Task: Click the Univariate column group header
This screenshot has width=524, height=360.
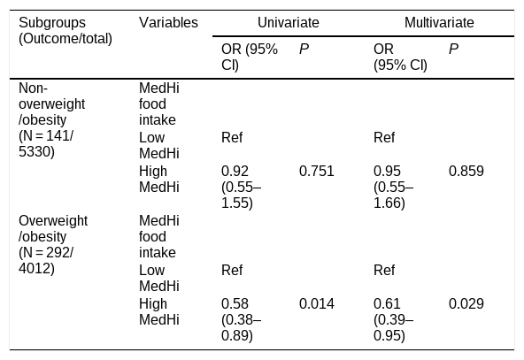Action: [288, 23]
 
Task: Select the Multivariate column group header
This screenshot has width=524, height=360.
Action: [439, 23]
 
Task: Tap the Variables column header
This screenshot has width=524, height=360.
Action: [168, 23]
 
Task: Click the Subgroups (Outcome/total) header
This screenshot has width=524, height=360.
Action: [65, 31]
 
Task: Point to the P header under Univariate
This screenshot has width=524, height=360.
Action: [304, 50]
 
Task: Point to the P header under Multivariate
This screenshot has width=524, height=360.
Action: [453, 50]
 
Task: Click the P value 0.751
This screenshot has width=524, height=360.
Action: [317, 172]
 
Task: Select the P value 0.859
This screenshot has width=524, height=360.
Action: [466, 172]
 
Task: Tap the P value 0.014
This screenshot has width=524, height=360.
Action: [317, 304]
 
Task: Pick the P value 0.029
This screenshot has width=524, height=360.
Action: [466, 304]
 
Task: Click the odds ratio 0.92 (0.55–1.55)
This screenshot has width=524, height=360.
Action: [242, 187]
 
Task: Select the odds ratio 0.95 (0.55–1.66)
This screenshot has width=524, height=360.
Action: [394, 187]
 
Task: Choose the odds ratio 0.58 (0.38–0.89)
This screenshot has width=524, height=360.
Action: [242, 319]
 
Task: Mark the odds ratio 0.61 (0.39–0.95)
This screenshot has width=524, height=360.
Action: [394, 319]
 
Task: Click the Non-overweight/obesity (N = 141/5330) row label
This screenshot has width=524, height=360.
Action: [52, 120]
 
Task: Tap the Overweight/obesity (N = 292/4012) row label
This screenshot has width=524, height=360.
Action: [53, 245]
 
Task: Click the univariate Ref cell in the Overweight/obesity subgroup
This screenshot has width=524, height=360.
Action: [232, 270]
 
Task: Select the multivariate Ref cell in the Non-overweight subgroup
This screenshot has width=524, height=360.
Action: [384, 138]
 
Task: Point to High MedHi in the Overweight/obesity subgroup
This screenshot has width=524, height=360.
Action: [159, 312]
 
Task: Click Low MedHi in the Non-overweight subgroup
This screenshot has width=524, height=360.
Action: [159, 146]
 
